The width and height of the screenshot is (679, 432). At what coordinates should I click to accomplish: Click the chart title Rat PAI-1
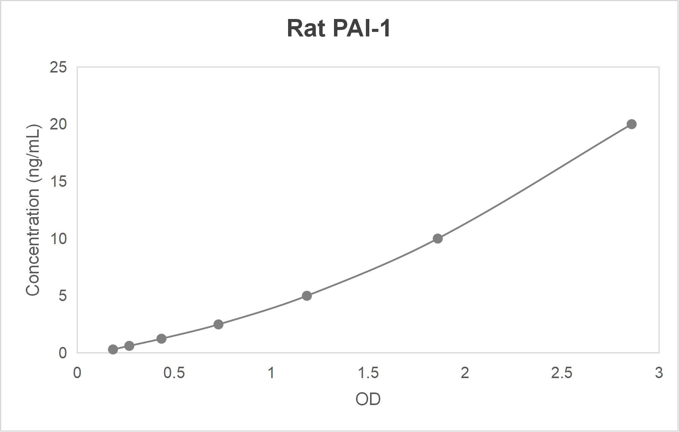click(x=339, y=28)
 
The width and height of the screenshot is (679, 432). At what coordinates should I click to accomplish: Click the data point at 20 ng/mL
click(x=631, y=124)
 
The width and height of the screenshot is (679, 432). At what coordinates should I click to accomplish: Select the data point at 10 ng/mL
click(x=438, y=238)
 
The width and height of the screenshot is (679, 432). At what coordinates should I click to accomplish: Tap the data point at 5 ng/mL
click(x=307, y=296)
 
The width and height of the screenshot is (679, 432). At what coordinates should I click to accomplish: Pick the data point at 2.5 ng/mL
click(x=218, y=324)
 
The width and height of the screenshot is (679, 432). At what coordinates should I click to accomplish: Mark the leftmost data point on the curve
click(x=113, y=349)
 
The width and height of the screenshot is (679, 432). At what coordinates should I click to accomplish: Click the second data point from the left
click(x=129, y=346)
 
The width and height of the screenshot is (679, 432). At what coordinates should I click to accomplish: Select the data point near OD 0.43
click(x=161, y=339)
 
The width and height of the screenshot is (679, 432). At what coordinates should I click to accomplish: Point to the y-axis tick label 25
click(x=58, y=68)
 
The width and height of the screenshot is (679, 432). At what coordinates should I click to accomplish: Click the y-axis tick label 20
click(x=58, y=124)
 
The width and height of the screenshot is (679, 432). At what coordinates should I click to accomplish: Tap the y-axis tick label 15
click(x=58, y=181)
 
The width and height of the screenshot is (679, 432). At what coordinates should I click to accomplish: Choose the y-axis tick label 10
click(x=58, y=239)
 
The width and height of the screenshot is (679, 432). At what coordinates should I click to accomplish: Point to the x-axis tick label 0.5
click(x=174, y=373)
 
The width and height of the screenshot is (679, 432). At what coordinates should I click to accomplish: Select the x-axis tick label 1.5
click(x=368, y=373)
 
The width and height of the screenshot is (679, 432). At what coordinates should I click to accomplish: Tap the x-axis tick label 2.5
click(x=561, y=373)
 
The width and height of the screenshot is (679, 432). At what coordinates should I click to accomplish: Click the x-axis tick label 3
click(x=659, y=373)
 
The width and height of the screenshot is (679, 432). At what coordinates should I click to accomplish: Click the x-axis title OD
click(x=368, y=399)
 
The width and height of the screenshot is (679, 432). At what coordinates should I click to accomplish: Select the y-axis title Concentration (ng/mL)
click(x=33, y=210)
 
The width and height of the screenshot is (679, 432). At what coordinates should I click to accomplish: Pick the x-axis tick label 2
click(x=465, y=373)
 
